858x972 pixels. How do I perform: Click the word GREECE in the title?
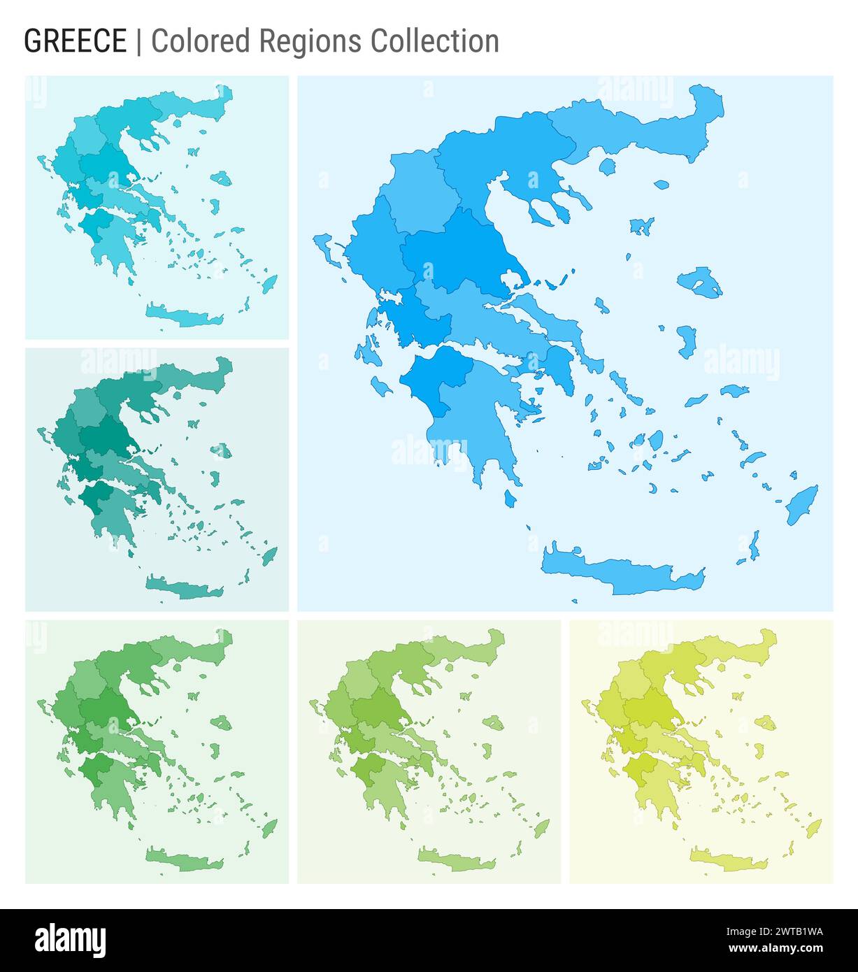tap(76, 41)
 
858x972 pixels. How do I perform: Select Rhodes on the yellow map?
tap(813, 829)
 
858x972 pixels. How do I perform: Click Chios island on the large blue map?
tap(687, 341)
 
